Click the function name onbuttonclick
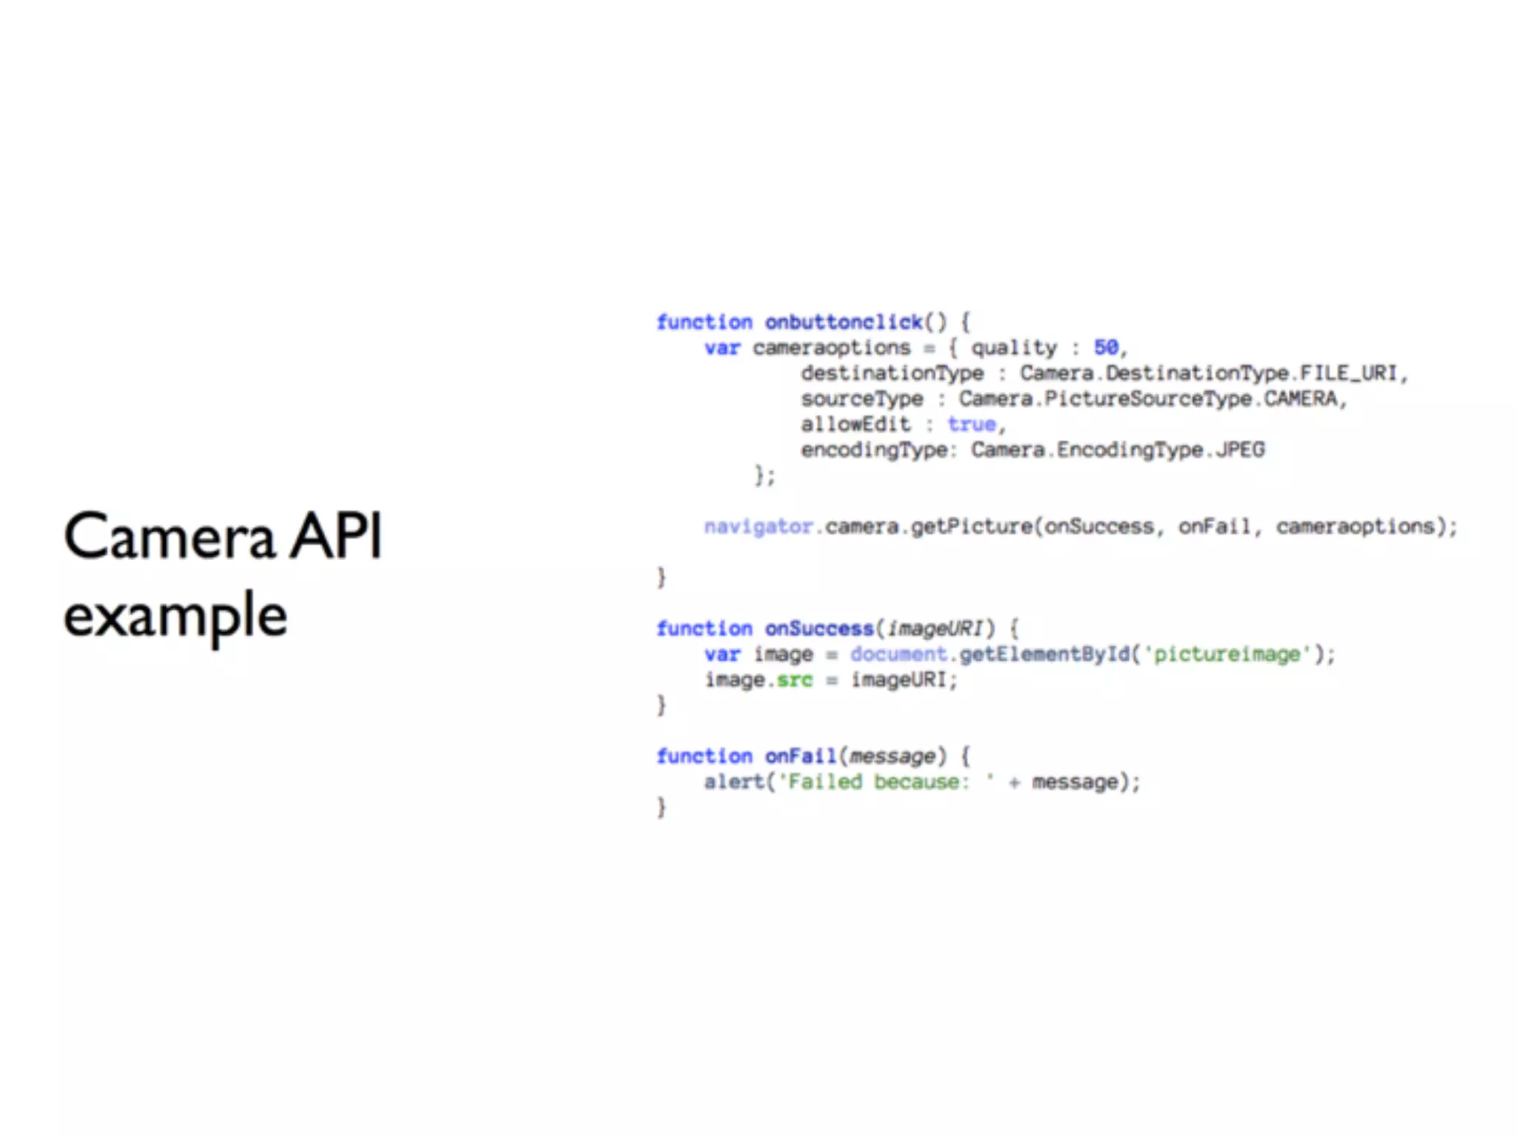pos(844,322)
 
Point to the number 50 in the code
pos(1106,347)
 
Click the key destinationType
pos(892,373)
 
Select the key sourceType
pos(861,399)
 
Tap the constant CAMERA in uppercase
pos(1300,399)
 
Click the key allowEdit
pos(855,425)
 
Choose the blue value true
pos(971,425)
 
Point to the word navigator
pos(758,527)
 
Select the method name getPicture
pos(971,527)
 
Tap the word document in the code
pos(898,654)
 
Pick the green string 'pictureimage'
pos(1227,654)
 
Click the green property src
pos(794,680)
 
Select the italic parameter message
pos(892,756)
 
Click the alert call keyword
pos(734,782)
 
